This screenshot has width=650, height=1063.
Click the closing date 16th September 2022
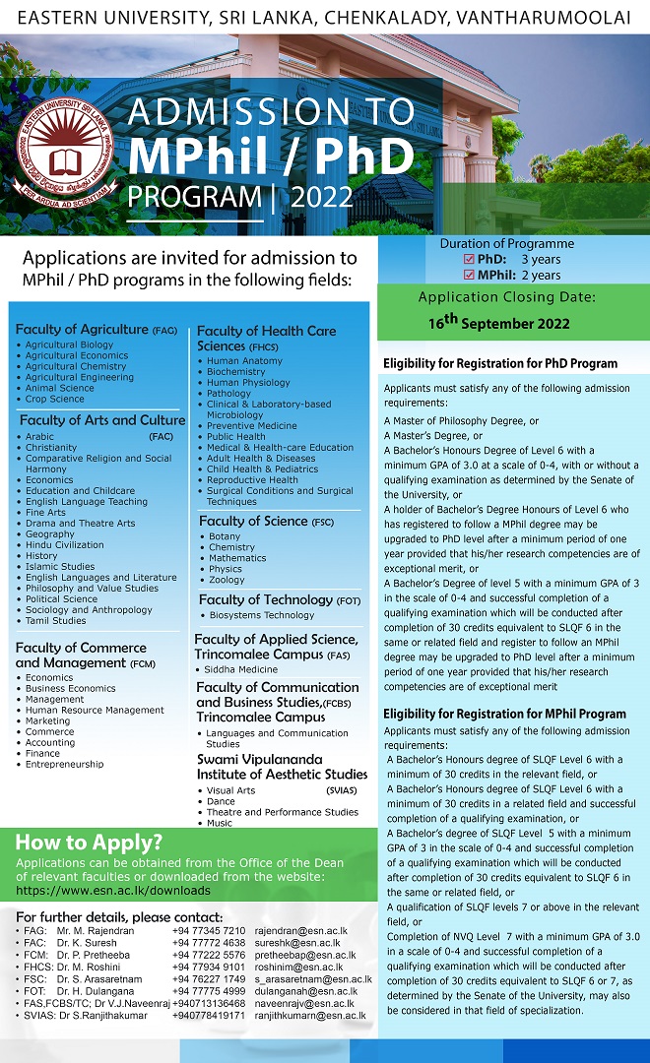point(498,322)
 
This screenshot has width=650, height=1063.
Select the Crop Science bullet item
point(55,399)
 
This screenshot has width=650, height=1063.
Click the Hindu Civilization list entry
point(64,544)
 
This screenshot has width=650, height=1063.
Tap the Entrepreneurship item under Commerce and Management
point(64,764)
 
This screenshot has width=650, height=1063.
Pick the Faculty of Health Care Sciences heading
point(266,338)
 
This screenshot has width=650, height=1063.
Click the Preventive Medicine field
point(251,426)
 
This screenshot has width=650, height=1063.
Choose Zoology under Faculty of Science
point(227,580)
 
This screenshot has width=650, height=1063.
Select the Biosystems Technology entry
point(260,615)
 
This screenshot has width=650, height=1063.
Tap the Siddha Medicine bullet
point(241,669)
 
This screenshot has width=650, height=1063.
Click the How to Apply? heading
point(89,842)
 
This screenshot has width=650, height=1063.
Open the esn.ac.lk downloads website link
point(113,890)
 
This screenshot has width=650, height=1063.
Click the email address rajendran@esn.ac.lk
point(299,930)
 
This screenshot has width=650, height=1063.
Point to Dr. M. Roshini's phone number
point(208,967)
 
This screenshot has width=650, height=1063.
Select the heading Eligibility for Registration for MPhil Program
point(504,714)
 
